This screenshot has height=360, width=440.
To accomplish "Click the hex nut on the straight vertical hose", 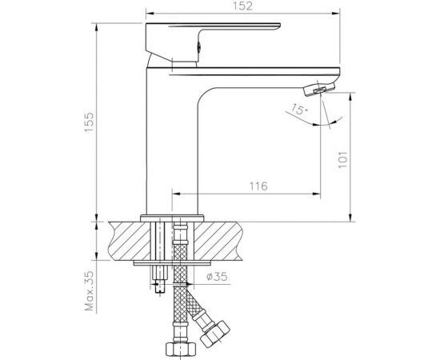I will click(x=180, y=350).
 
